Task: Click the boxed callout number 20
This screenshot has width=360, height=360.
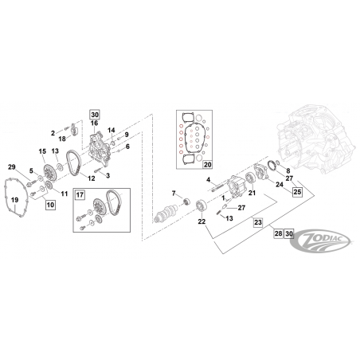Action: pos(208,165)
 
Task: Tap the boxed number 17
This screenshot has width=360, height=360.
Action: pos(80,195)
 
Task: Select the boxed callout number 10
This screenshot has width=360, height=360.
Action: pos(50,205)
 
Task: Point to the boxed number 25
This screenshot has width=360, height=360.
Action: pos(297,191)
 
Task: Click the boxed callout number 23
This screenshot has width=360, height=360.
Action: pos(258,222)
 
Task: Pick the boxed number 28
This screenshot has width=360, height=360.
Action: pos(278,233)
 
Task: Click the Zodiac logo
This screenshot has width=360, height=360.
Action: pos(321,241)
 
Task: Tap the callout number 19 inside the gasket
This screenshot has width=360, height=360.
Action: pos(14,200)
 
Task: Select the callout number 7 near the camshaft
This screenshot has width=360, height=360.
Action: pos(174,194)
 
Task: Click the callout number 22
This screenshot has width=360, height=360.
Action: pos(202,221)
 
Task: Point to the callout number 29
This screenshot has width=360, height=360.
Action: pos(12,167)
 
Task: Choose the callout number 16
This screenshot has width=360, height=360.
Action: pos(94,123)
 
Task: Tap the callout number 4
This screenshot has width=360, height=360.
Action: pos(209,180)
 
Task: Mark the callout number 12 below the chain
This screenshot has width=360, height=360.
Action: pos(92,178)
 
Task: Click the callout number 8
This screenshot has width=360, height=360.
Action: pos(288,171)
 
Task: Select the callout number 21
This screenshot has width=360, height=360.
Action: pos(252,193)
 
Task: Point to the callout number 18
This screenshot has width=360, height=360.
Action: pos(62,139)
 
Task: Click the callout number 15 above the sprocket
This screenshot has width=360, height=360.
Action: pos(42,151)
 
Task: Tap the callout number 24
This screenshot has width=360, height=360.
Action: pos(280,184)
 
